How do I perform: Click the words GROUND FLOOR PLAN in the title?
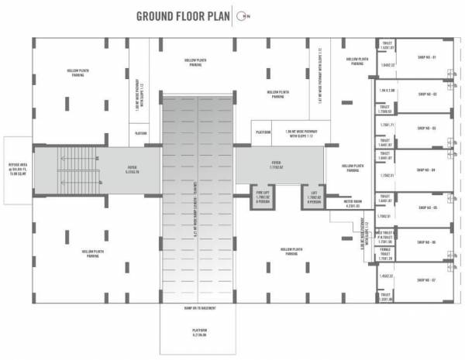coord(182,16)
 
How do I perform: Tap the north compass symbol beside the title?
coord(243,16)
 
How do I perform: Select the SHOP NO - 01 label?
coord(427,58)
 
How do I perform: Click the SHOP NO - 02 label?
coord(427,94)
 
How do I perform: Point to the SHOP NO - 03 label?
coord(427,129)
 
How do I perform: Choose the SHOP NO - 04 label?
coord(427,170)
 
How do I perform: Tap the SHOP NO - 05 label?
coord(427,207)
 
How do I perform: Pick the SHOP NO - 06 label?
coord(427,242)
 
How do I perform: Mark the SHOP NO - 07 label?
coord(427,279)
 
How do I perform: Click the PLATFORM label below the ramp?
coord(198,334)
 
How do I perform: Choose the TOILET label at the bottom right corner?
coord(385,297)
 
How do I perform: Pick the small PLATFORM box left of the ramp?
coord(141,133)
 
